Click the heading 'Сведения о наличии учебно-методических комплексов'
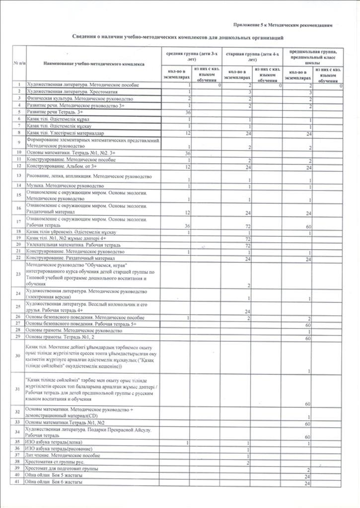pos(178,37)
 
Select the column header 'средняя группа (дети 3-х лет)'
pos(191,55)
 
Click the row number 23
pos(18,274)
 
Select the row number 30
pos(18,355)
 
